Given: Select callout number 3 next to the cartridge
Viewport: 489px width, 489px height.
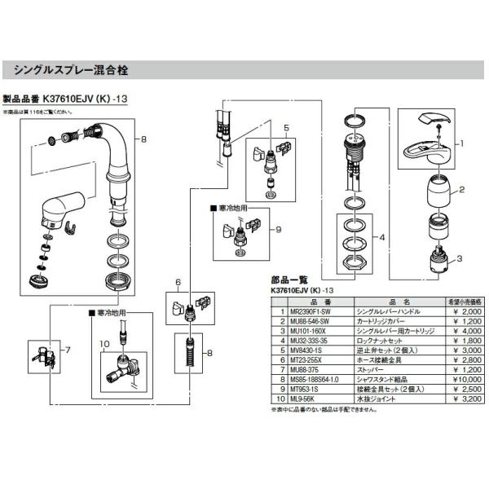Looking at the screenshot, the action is coord(460,259).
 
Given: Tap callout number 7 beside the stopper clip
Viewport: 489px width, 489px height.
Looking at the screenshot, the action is coord(68,350).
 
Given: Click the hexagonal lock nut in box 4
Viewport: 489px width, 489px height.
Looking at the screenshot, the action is coord(357,262).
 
